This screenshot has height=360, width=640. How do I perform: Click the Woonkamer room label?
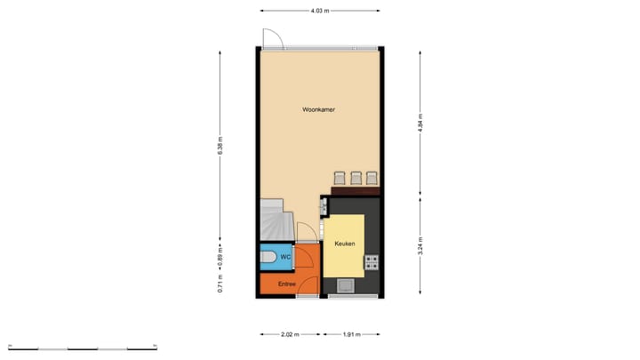tap(317, 110)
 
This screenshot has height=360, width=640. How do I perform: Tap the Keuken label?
tap(344, 244)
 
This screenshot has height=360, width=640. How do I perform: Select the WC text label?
tap(285, 258)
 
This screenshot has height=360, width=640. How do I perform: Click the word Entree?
tap(286, 284)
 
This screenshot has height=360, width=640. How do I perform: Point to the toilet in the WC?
tap(269, 258)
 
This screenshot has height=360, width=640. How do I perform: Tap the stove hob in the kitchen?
tap(372, 262)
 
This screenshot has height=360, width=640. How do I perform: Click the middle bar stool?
tap(356, 178)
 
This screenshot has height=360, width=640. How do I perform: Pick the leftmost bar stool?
tap(339, 178)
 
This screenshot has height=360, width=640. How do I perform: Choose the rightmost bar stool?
tap(372, 178)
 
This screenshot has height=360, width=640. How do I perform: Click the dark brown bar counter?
tap(356, 189)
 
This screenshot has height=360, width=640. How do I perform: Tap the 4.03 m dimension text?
tap(320, 11)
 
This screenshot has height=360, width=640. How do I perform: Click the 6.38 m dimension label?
tap(220, 145)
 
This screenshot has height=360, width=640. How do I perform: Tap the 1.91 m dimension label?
tap(352, 335)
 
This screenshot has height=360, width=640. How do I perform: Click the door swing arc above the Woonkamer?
tap(273, 39)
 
